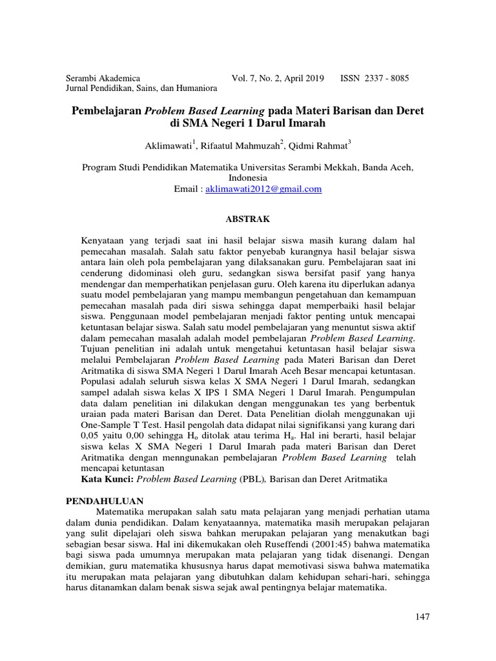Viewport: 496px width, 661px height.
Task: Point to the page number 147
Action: (422, 616)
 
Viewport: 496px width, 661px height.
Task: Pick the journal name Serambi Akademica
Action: (104, 77)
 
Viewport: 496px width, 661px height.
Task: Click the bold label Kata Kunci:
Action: (107, 480)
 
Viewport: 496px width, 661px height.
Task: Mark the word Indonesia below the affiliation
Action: (248, 178)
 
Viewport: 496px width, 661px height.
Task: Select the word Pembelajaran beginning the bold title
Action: (107, 111)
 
